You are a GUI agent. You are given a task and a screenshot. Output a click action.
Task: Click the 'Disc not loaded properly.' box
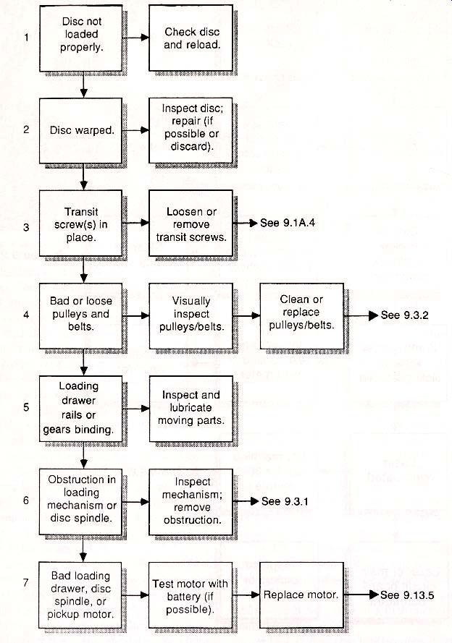click(81, 38)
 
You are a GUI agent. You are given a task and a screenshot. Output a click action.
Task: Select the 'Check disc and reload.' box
click(191, 38)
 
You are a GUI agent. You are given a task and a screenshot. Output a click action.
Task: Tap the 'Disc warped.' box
click(81, 130)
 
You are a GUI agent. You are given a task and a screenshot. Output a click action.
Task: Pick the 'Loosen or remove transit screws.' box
click(191, 223)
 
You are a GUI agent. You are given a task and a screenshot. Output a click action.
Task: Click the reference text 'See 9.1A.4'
click(288, 223)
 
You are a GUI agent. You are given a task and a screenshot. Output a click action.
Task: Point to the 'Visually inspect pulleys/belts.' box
click(191, 316)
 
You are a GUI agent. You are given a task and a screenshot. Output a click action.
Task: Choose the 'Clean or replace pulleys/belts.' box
click(302, 316)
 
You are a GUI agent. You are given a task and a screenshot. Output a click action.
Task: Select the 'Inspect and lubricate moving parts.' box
click(191, 409)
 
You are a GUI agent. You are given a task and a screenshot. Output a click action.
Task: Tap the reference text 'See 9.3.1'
click(285, 501)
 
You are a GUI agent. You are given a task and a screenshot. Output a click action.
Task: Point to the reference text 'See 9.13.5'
click(407, 595)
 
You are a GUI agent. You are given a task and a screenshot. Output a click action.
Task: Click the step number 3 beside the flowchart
click(26, 227)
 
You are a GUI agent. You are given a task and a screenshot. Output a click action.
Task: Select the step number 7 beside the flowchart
click(26, 583)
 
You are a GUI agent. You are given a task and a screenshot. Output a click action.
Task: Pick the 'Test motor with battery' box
click(191, 595)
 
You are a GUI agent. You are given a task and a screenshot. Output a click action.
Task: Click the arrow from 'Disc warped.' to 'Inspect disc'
click(135, 130)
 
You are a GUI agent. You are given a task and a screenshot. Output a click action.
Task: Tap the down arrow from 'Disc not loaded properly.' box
click(83, 85)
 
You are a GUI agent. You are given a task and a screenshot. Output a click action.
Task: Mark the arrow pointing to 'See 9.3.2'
click(361, 315)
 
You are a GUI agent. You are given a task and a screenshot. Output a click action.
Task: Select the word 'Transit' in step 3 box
click(81, 212)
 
